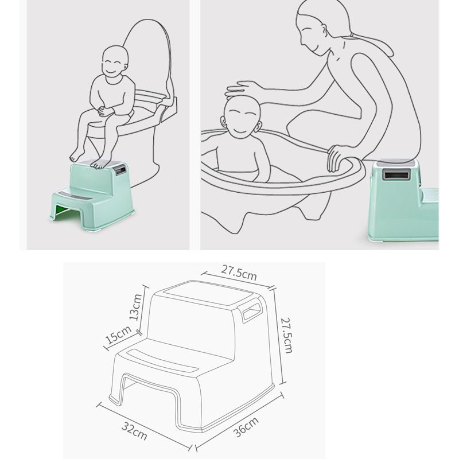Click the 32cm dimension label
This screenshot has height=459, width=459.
pos(134,431)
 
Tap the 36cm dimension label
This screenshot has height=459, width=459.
pos(246,427)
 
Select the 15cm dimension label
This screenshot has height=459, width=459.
pos(118,334)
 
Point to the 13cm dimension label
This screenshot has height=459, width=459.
pos(135,307)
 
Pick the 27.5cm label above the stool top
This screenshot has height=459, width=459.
pos(239,273)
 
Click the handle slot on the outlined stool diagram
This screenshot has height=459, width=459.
pos(250,312)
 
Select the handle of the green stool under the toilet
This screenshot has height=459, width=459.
pos(120,170)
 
